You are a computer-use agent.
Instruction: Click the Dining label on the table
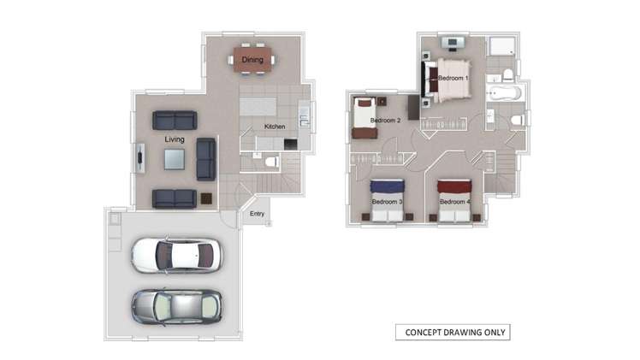pyautogui.click(x=252, y=60)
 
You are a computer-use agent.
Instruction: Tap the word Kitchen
pyautogui.click(x=275, y=127)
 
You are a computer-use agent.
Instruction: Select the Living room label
pyautogui.click(x=175, y=139)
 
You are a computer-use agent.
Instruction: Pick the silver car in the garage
pyautogui.click(x=176, y=305)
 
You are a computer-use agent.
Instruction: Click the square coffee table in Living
pyautogui.click(x=175, y=159)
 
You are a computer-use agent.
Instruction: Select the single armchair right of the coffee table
pyautogui.click(x=205, y=158)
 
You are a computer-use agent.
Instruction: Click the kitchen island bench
pyautogui.click(x=260, y=108)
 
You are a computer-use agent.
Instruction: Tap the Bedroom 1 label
pyautogui.click(x=453, y=78)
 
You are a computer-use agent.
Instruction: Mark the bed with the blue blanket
pyautogui.click(x=387, y=199)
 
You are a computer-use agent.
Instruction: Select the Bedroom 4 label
pyautogui.click(x=454, y=202)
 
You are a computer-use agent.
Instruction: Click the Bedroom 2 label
pyautogui.click(x=385, y=121)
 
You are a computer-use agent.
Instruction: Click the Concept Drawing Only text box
pyautogui.click(x=452, y=333)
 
